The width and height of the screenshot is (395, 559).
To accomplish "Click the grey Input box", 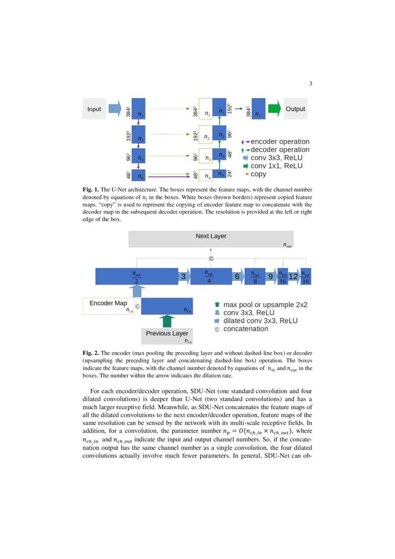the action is [x=94, y=109].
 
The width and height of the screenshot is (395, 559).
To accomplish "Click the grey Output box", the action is [x=295, y=109].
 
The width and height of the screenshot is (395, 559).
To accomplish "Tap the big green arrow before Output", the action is [x=274, y=109].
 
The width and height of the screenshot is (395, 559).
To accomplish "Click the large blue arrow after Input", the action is [x=115, y=109].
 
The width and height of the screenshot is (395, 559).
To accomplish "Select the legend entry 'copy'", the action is [x=258, y=174].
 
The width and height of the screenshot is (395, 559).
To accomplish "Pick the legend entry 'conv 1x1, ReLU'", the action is [x=276, y=166].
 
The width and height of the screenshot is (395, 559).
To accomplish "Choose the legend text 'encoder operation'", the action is [x=280, y=142].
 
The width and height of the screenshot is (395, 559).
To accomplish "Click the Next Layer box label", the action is [x=211, y=236].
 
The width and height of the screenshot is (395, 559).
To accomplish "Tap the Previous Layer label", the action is [x=167, y=333].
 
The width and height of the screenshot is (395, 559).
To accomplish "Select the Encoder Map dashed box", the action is [x=108, y=306].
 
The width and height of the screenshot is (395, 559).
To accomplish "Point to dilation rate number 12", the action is [x=294, y=276].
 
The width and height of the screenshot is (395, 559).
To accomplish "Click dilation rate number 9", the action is [x=270, y=276].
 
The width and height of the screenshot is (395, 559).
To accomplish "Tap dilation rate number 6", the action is [x=237, y=276].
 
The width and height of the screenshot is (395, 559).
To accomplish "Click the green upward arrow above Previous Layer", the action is [x=167, y=321].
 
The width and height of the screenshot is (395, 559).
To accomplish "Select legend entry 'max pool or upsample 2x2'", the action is [x=265, y=304].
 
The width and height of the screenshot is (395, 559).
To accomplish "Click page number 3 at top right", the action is [x=310, y=84].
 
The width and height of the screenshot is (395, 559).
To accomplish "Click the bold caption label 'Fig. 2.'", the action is [x=91, y=353].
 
